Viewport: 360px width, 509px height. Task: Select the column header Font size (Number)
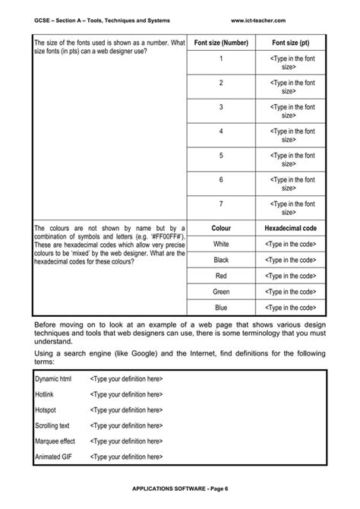click(221, 43)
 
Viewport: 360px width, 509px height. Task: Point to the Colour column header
click(221, 228)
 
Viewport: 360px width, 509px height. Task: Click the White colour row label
click(221, 244)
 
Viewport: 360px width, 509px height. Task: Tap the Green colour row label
click(221, 292)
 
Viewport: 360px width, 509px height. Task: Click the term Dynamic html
click(54, 378)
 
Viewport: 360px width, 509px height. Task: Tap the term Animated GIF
click(53, 457)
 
